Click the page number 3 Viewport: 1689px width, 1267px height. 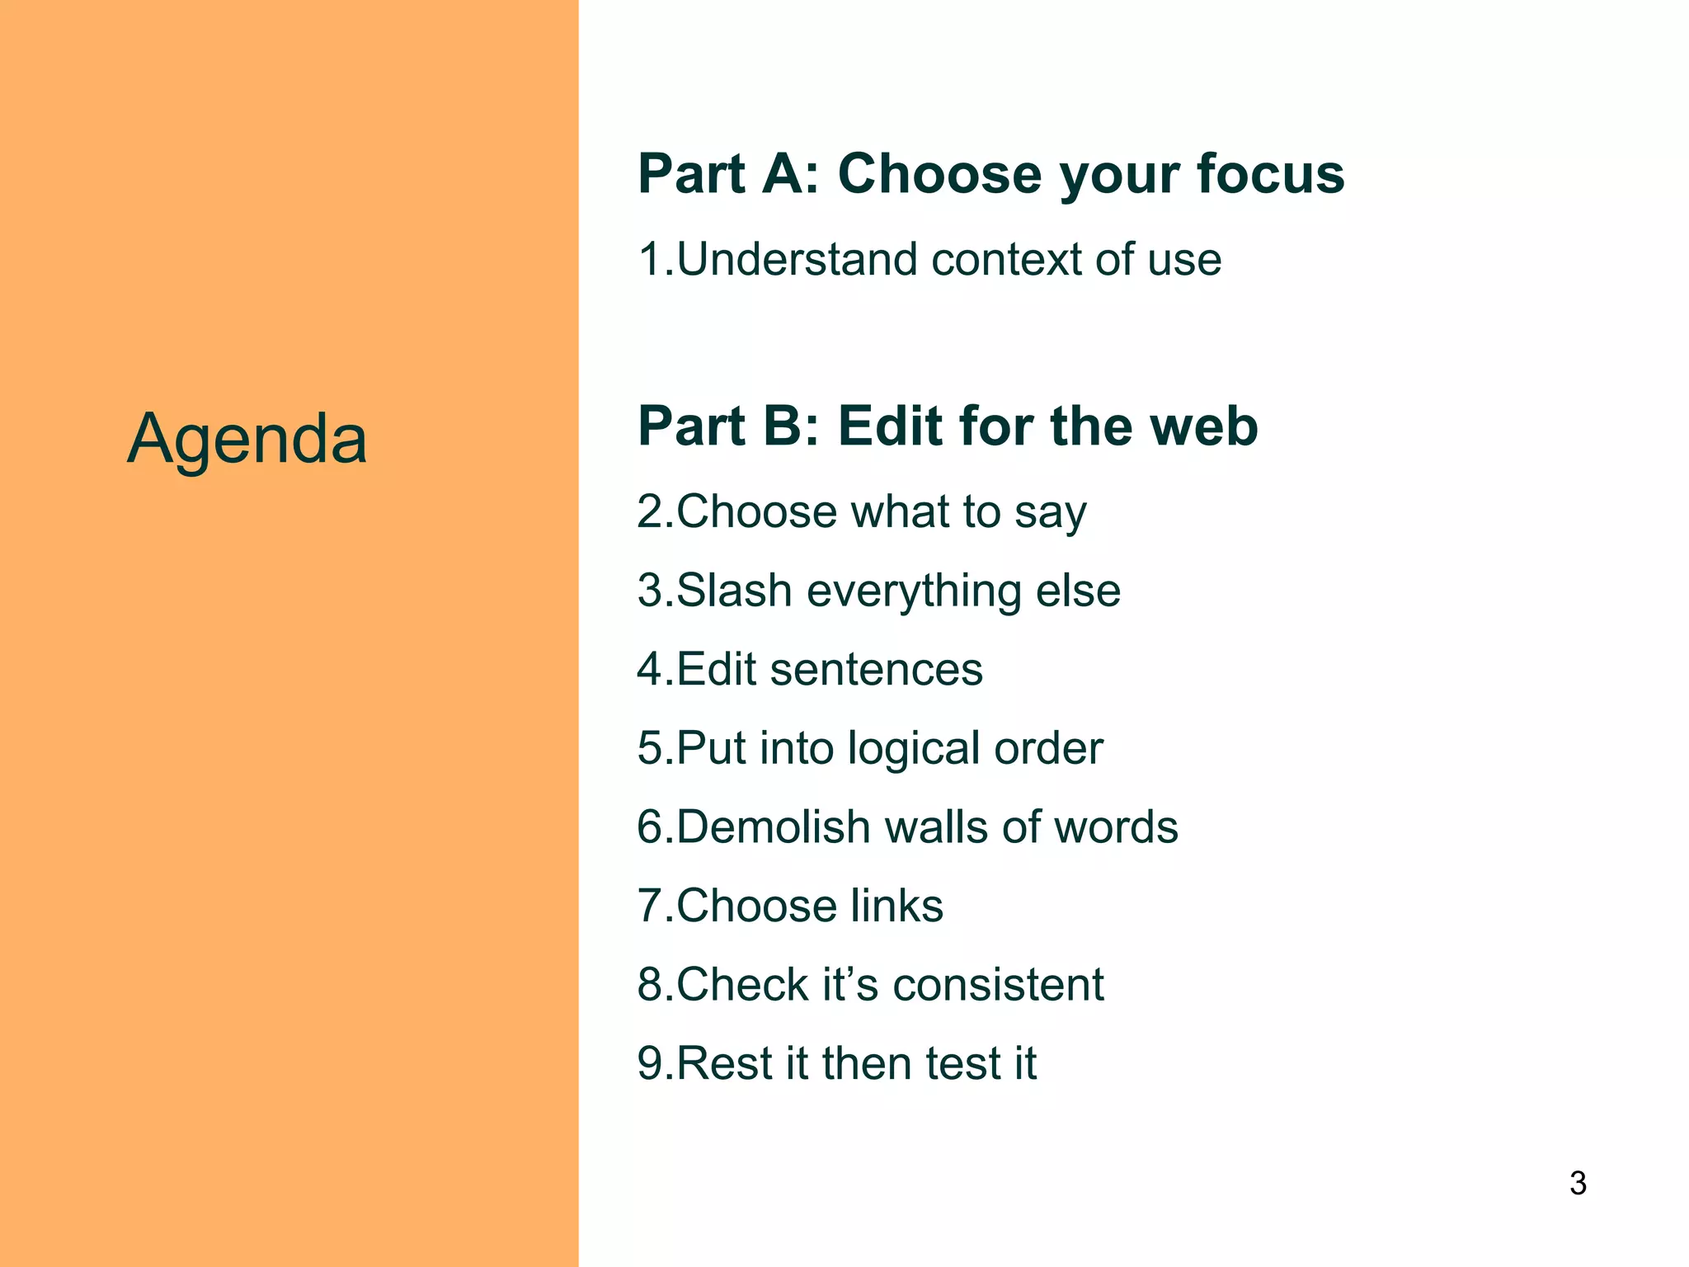point(1578,1183)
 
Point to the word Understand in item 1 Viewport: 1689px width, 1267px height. point(797,260)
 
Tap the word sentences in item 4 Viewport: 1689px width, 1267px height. point(876,669)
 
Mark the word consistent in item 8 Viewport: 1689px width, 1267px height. point(998,984)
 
